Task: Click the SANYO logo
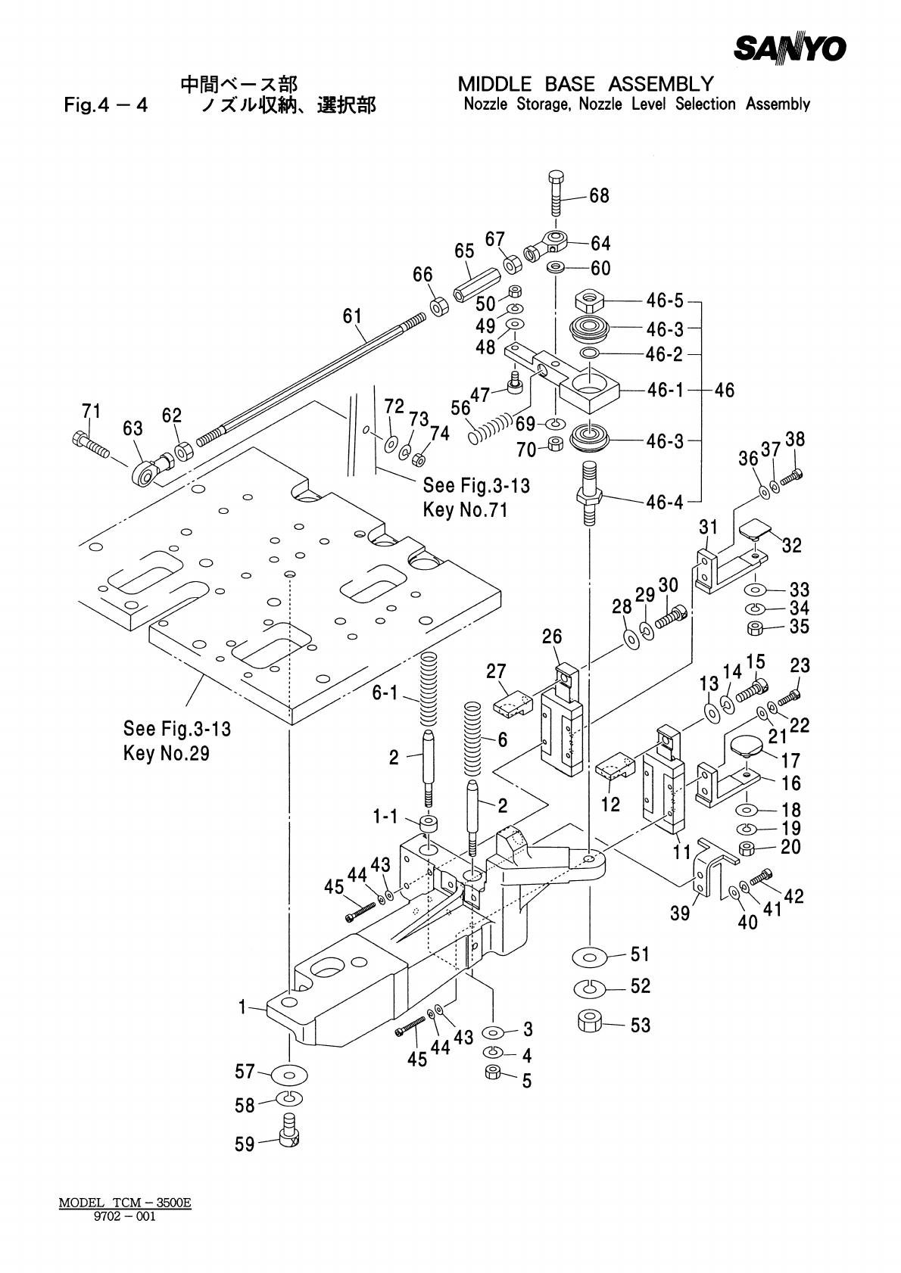tap(789, 49)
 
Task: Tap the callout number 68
tap(599, 196)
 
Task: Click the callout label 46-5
tap(664, 301)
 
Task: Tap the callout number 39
tap(680, 914)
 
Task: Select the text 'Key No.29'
tap(166, 754)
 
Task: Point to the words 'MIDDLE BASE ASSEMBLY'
tap(585, 83)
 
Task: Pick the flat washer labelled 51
tap(589, 956)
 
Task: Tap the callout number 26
tap(552, 636)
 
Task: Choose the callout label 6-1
tap(385, 693)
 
